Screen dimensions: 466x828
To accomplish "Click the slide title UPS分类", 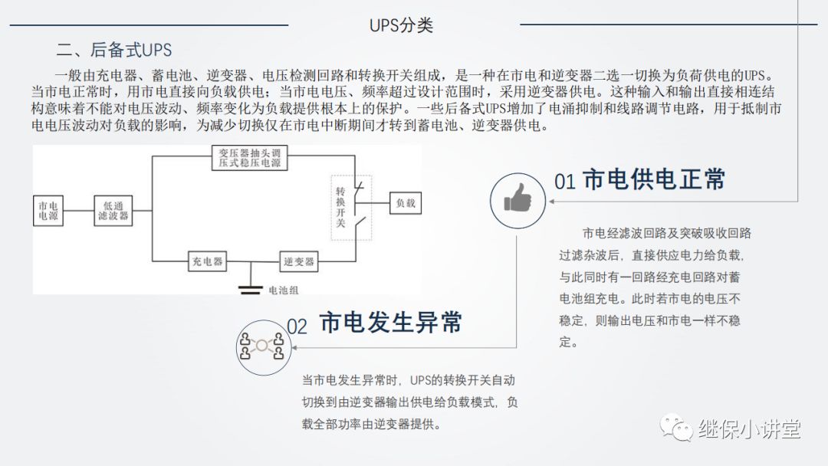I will pyautogui.click(x=401, y=25).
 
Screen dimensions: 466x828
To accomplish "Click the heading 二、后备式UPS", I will pyautogui.click(x=114, y=51).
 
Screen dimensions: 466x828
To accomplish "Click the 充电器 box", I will pyautogui.click(x=207, y=262).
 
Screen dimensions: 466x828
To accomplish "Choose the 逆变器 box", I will pyautogui.click(x=298, y=262).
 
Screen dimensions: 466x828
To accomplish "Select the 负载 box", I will pyautogui.click(x=405, y=203).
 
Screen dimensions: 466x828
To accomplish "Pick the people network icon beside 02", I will pyautogui.click(x=261, y=346).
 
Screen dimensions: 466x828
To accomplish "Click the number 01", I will pyautogui.click(x=565, y=182).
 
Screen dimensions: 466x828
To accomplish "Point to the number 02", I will pyautogui.click(x=297, y=327).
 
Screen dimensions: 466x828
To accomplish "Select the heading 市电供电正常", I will pyautogui.click(x=654, y=180).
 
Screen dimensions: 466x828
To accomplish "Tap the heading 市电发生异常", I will pyautogui.click(x=390, y=323).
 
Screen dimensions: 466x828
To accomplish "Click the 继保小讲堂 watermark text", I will pyautogui.click(x=749, y=429).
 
